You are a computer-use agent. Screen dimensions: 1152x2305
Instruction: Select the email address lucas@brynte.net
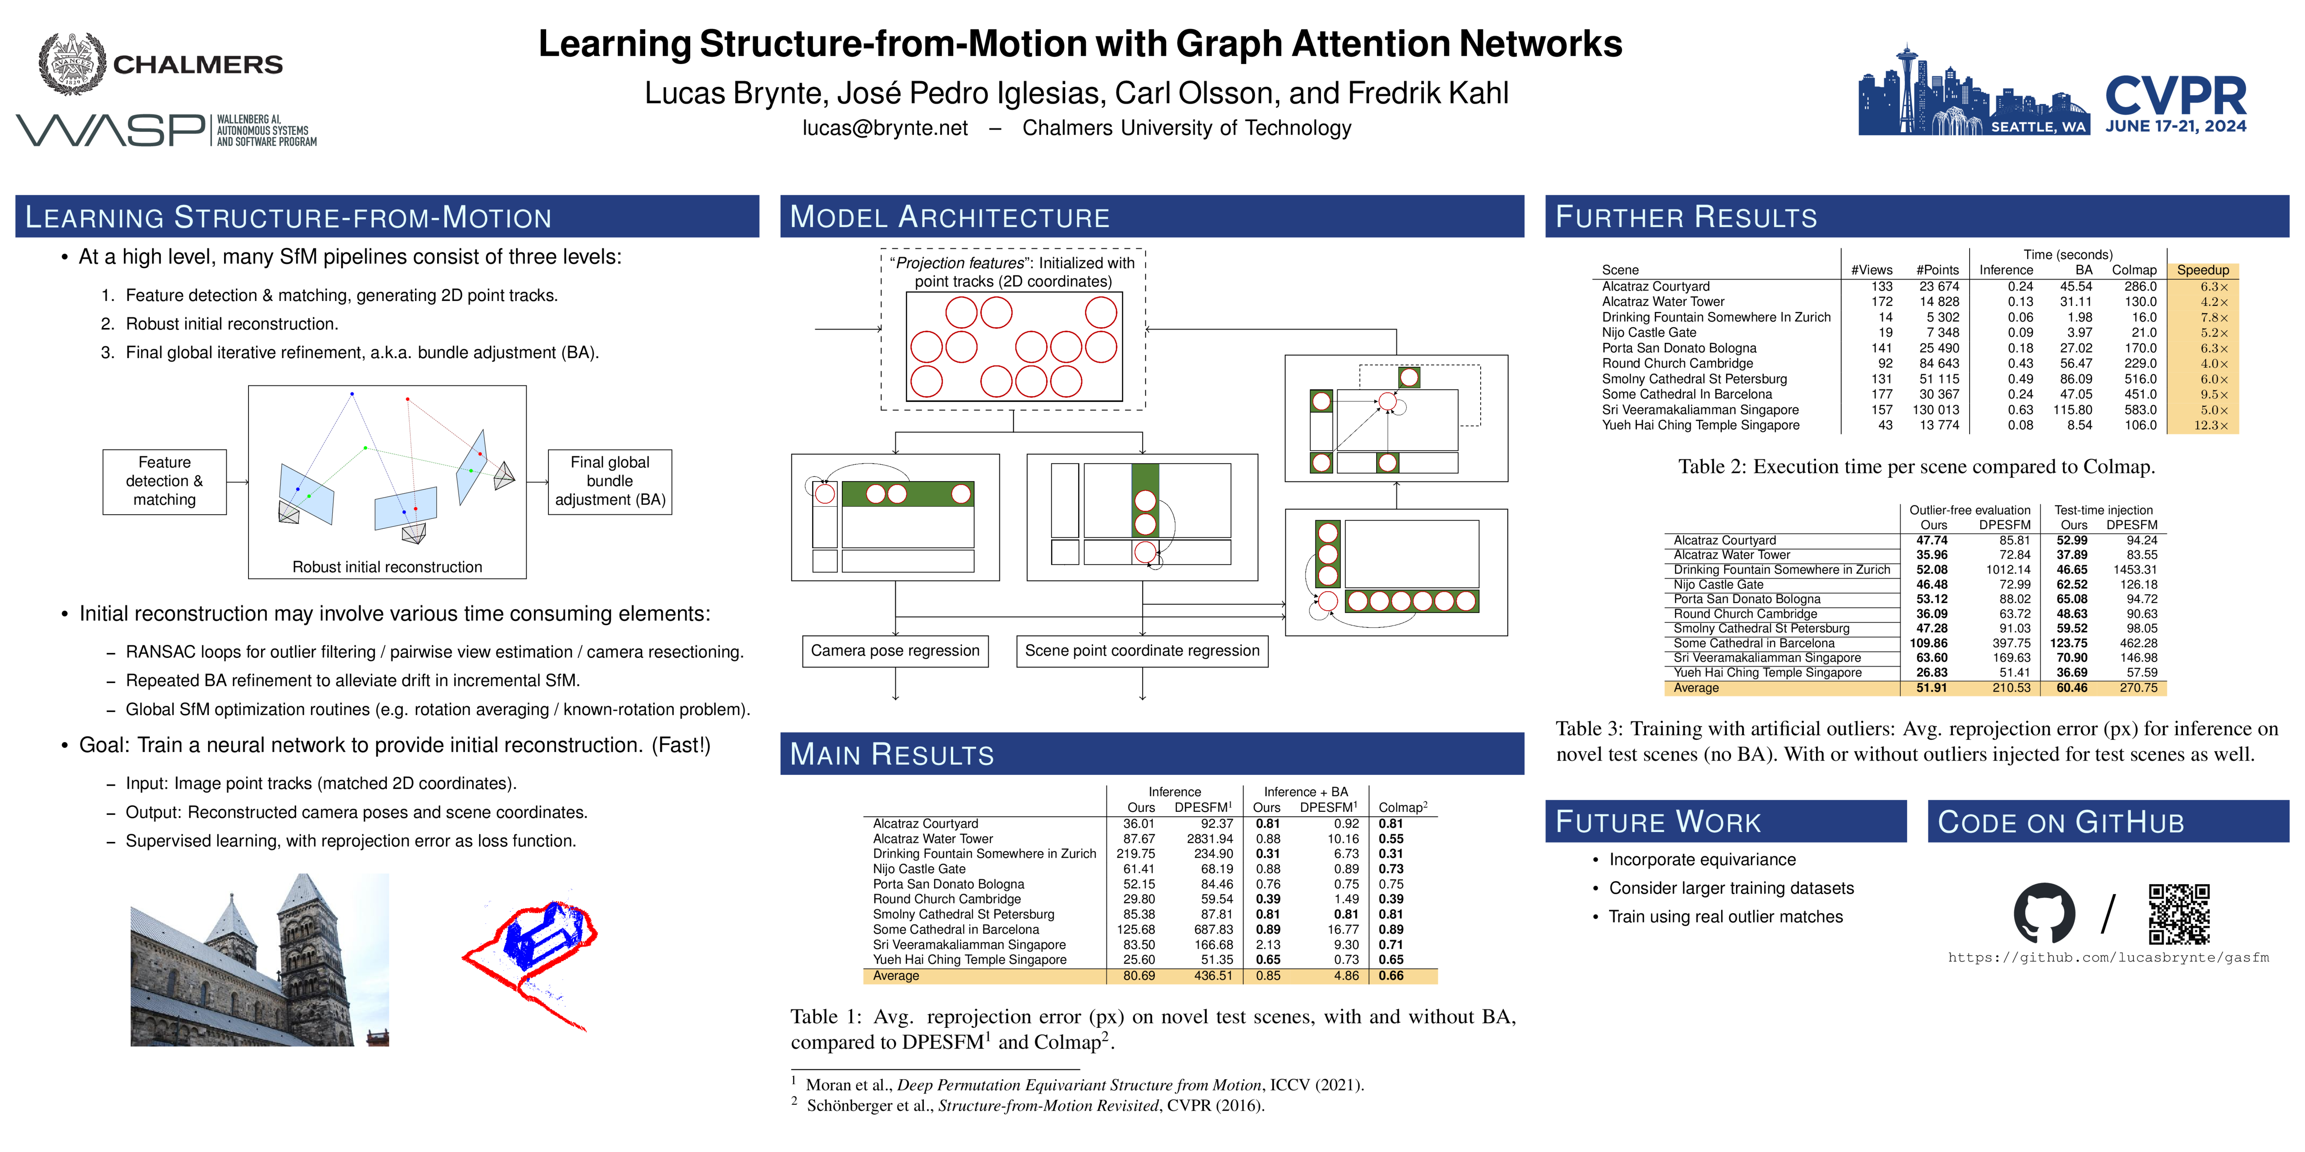click(885, 128)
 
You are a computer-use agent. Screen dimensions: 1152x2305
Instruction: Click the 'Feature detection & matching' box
click(165, 481)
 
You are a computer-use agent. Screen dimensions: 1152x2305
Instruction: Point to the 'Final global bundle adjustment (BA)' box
click(610, 481)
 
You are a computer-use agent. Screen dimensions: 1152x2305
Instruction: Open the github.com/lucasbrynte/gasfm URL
click(2108, 958)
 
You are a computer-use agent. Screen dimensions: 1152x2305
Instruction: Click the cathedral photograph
click(259, 960)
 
